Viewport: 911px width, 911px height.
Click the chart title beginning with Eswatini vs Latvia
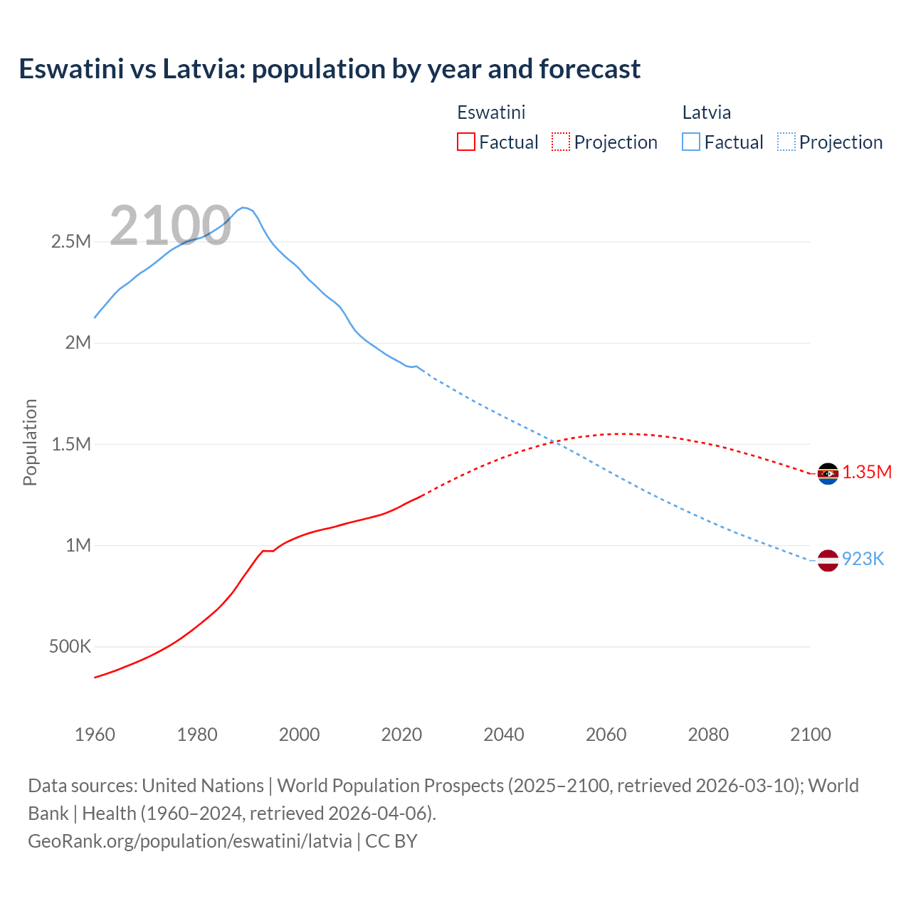tap(330, 69)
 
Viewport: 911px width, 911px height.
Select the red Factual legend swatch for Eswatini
tap(465, 142)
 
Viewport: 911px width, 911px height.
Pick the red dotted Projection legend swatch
tap(561, 142)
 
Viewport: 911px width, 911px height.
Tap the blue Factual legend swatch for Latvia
tap(691, 142)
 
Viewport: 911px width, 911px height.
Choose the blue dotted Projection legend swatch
tap(786, 142)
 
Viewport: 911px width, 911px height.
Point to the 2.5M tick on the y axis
tap(71, 241)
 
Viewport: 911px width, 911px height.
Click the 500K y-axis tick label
tap(70, 647)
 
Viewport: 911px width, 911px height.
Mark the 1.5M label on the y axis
tap(71, 444)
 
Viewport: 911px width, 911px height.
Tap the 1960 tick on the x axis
tap(95, 734)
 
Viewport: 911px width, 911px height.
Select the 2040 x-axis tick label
tap(504, 734)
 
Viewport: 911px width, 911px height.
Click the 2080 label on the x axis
tap(708, 734)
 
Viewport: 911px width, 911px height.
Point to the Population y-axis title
tap(30, 442)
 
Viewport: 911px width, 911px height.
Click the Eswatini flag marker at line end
tap(828, 473)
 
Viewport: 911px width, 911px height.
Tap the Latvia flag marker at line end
tap(828, 560)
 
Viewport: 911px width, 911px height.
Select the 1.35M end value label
tap(867, 473)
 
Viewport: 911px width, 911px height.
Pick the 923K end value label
tap(863, 559)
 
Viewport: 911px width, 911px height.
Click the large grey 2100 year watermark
tap(170, 226)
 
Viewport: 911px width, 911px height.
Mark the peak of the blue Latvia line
tap(243, 207)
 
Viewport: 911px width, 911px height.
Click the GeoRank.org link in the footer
tap(190, 841)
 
